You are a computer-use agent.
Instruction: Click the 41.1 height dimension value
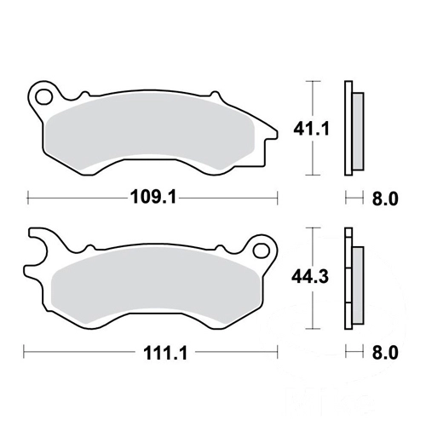[311, 130]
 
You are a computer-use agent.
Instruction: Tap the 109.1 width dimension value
[153, 197]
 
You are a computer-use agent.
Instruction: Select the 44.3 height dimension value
[310, 276]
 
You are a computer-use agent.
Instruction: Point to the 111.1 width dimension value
[165, 353]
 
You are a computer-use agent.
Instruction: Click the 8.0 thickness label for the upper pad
[385, 199]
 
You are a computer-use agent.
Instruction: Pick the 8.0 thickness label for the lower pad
[385, 353]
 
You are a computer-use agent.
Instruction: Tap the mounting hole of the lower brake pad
[262, 250]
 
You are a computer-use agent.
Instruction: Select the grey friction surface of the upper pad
[150, 133]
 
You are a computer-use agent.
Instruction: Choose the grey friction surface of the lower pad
[156, 288]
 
